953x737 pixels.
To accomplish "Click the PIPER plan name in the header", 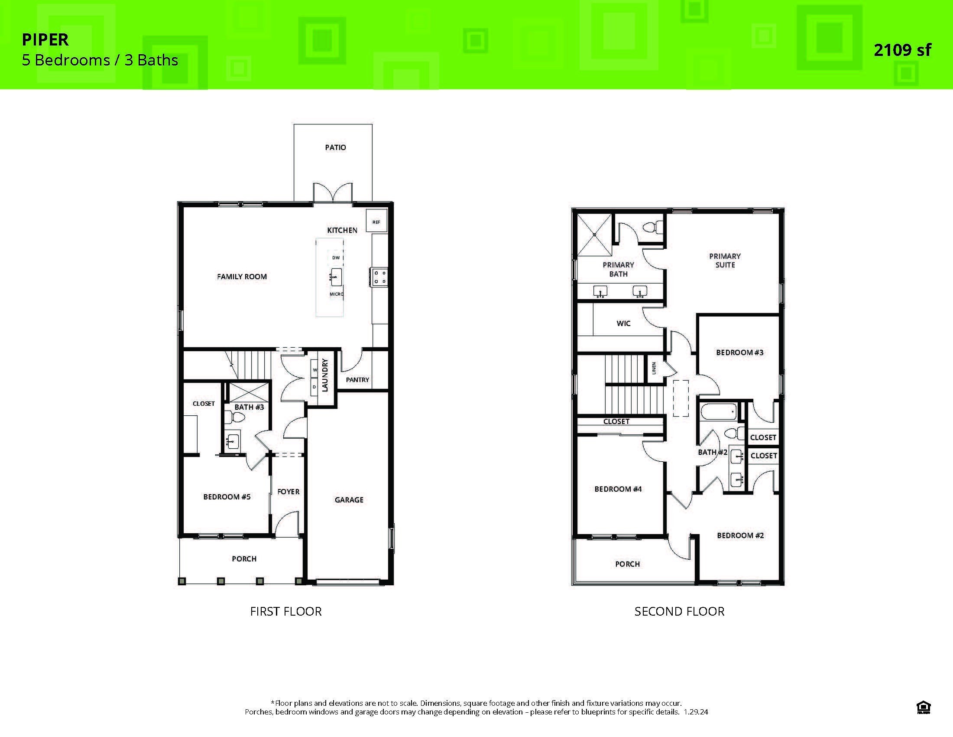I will tap(45, 40).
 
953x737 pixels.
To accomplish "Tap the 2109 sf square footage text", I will tap(902, 50).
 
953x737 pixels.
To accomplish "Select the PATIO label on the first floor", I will tap(335, 147).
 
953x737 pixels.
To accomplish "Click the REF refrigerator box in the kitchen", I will tap(376, 222).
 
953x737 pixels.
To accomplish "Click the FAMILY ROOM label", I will tap(242, 277).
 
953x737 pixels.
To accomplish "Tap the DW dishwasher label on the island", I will tap(336, 258).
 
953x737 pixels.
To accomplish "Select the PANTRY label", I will tap(357, 379).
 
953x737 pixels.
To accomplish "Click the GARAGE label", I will tap(349, 499).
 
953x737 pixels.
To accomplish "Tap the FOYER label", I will tap(288, 492).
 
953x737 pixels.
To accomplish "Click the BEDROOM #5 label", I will tap(227, 497).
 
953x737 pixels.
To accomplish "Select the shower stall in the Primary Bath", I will tap(595, 235).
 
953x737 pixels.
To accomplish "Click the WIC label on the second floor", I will tap(623, 323).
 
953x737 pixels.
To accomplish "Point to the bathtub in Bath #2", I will tap(719, 412).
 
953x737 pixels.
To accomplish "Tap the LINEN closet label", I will tap(654, 368).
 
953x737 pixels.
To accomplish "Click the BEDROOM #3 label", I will tap(739, 352).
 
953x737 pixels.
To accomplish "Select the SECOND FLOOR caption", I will tap(679, 611).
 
